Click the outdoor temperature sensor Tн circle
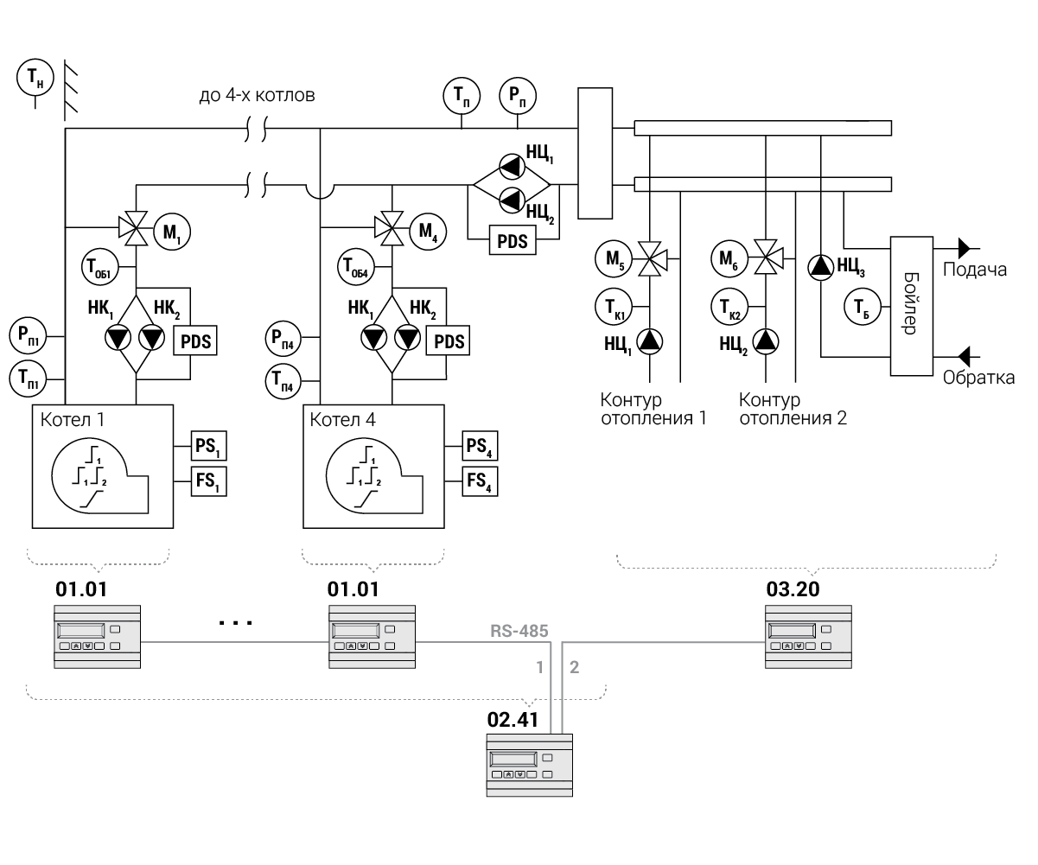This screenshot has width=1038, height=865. (x=35, y=79)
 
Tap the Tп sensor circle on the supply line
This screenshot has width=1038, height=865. (x=462, y=96)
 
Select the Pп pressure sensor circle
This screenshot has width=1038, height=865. (x=517, y=96)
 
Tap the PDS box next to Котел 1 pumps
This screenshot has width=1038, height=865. (x=196, y=340)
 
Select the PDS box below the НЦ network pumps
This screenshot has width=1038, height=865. (x=512, y=239)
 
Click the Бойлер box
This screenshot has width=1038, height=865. (x=911, y=305)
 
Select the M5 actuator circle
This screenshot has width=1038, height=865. (x=613, y=257)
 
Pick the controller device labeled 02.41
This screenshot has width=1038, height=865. (x=528, y=766)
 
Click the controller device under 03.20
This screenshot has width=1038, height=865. (x=809, y=636)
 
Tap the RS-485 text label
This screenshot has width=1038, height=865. (x=519, y=630)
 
